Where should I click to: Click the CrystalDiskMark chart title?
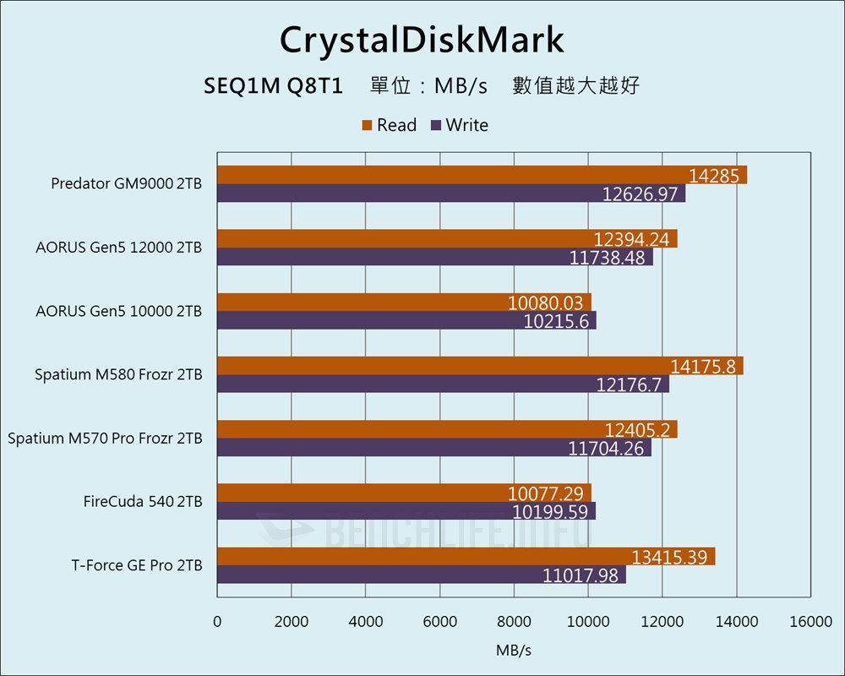(x=422, y=40)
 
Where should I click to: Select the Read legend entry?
(x=390, y=125)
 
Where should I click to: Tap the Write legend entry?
(x=460, y=125)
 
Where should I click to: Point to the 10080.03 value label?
(x=548, y=303)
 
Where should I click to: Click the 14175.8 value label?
(x=706, y=366)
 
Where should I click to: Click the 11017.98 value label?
(x=582, y=575)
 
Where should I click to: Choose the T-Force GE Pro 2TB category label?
(x=137, y=565)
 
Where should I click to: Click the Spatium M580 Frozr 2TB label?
(x=118, y=374)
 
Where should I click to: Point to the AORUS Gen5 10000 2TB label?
(x=119, y=311)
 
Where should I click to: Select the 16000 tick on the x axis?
(x=810, y=622)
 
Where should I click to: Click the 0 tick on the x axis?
(x=217, y=622)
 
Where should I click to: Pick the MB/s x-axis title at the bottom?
(x=514, y=651)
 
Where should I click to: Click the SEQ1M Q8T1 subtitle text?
(x=273, y=86)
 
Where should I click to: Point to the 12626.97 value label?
(x=641, y=194)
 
